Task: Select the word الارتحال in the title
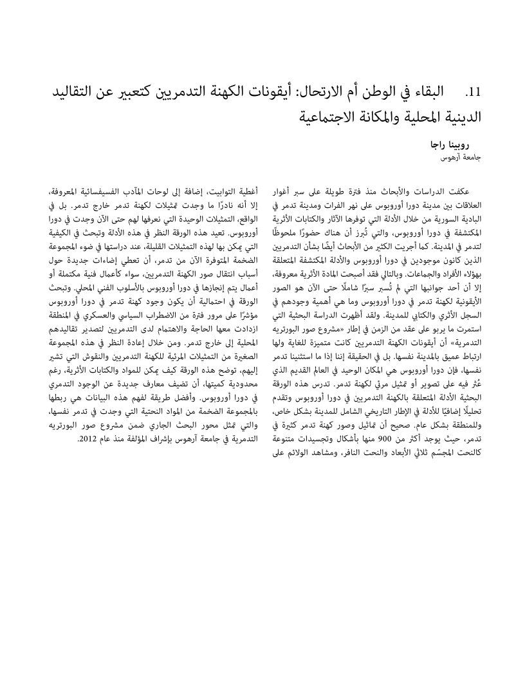click(322, 93)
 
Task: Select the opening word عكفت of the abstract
click(462, 192)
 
